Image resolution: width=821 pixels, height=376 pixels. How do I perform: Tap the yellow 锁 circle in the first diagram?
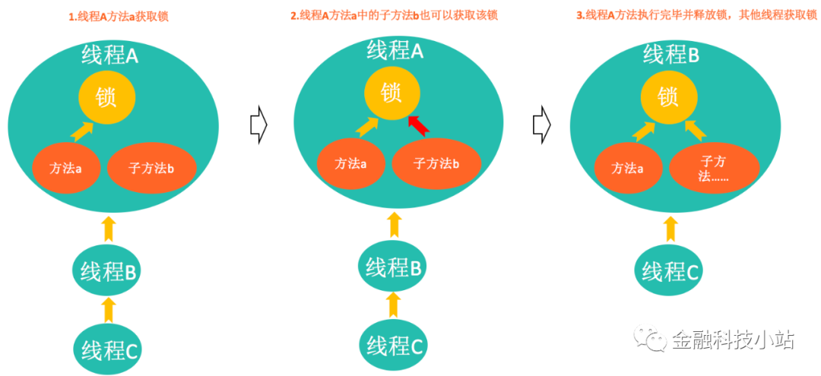tap(107, 99)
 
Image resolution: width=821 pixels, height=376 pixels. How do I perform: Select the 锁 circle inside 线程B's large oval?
tap(668, 96)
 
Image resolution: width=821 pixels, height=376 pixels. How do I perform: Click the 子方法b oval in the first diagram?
tap(152, 168)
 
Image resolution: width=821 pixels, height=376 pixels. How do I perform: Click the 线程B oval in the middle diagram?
tap(393, 267)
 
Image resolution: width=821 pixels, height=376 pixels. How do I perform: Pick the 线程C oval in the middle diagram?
tap(393, 346)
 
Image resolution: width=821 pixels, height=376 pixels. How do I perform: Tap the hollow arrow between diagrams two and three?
tap(541, 124)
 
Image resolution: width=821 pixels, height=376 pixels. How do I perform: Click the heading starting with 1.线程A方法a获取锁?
tap(119, 17)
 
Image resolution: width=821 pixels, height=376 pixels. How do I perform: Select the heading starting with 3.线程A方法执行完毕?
tap(696, 16)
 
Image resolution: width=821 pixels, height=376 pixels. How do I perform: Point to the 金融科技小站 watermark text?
tap(732, 340)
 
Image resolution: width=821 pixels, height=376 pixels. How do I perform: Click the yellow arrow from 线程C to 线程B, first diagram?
tap(108, 310)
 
